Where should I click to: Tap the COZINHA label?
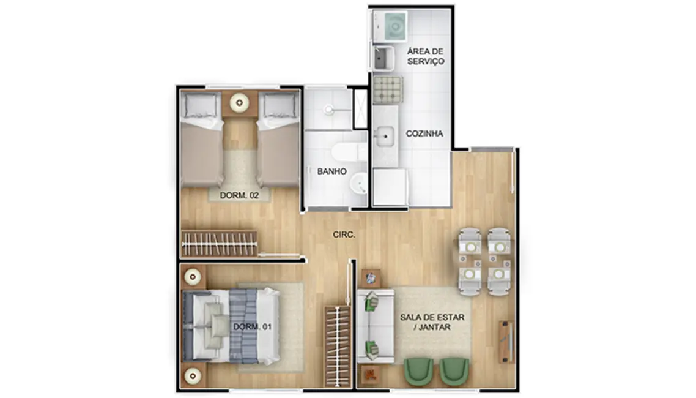click(x=424, y=133)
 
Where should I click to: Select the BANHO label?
click(x=332, y=171)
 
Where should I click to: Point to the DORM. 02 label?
click(x=231, y=195)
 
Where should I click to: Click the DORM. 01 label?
click(x=252, y=326)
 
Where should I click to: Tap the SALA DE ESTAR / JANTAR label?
click(x=432, y=323)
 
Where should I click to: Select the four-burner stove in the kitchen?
click(x=387, y=89)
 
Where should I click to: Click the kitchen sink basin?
click(x=387, y=136)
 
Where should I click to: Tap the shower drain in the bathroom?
click(x=328, y=110)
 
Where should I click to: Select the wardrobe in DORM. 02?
click(x=219, y=244)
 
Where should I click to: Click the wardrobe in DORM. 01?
click(x=338, y=346)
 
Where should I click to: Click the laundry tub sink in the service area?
click(x=383, y=59)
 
